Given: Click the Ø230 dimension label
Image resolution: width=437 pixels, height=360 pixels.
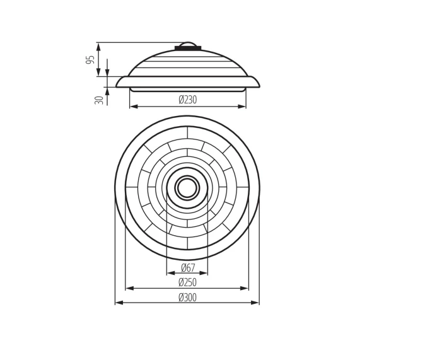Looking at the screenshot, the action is click(x=187, y=100).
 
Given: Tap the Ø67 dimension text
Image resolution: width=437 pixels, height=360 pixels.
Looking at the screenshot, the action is click(x=188, y=268).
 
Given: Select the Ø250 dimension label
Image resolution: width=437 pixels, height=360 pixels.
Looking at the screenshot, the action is click(x=187, y=282).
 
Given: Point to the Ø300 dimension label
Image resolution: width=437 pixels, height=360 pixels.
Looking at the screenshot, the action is click(x=187, y=298).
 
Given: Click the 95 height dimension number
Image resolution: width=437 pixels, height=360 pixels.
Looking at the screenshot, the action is click(x=90, y=60).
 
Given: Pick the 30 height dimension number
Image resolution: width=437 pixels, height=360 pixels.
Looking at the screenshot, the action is click(x=99, y=100).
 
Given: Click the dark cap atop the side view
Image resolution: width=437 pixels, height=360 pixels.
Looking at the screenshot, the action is click(x=187, y=48).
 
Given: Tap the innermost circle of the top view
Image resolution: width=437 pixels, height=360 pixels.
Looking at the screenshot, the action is click(x=187, y=188).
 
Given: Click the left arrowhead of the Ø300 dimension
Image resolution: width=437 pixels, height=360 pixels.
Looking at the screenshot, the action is click(x=119, y=303).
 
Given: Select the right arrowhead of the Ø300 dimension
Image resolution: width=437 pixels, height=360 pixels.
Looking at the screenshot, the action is click(x=255, y=303).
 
